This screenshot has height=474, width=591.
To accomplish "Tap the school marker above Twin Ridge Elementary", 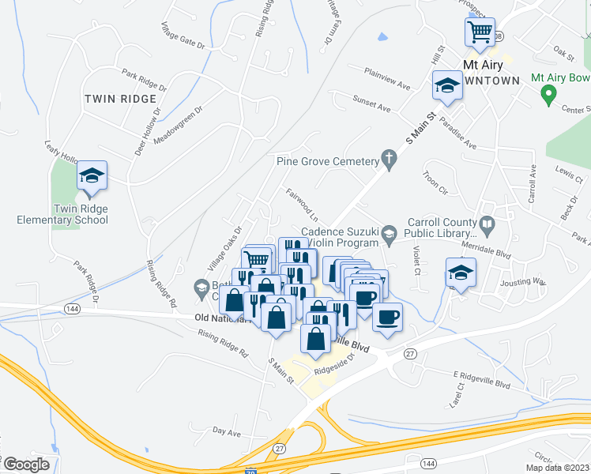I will point(92,176).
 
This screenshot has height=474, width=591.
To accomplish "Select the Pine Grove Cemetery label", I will point(328,161).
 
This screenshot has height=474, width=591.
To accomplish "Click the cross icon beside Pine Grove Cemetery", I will point(389,160).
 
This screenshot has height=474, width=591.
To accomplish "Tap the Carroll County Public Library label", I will point(441,228).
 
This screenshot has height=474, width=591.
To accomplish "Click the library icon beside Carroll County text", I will point(488,228).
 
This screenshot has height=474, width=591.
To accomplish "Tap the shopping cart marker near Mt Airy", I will point(480,33).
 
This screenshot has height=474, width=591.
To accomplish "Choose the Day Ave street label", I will point(227,433).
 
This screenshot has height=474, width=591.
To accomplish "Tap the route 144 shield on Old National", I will point(73,307).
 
